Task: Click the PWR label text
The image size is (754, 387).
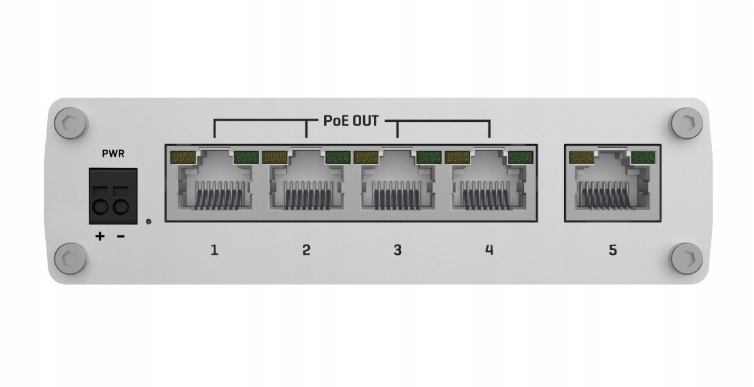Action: click(113, 154)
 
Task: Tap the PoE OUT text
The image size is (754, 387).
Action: click(351, 121)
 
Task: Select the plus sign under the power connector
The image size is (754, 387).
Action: click(100, 236)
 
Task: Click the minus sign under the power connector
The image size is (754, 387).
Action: click(121, 237)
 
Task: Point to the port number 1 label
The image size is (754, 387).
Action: click(214, 250)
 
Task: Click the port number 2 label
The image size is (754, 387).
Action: click(306, 250)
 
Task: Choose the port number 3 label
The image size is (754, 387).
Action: click(398, 250)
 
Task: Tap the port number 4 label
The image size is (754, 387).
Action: click(489, 250)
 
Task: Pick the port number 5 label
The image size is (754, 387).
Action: click(613, 250)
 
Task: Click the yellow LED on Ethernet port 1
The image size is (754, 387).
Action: click(183, 157)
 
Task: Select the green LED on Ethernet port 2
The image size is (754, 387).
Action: click(338, 157)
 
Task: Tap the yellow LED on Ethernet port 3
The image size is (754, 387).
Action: click(366, 157)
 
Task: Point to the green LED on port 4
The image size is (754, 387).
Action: click(521, 157)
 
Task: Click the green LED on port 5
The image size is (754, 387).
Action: click(643, 157)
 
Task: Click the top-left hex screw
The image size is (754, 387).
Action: click(70, 123)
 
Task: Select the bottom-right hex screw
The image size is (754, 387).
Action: click(687, 259)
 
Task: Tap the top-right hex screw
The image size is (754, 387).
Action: click(687, 123)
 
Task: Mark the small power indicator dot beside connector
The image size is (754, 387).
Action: click(148, 222)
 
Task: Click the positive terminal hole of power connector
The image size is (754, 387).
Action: click(100, 206)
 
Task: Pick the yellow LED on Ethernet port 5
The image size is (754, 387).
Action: click(581, 157)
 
